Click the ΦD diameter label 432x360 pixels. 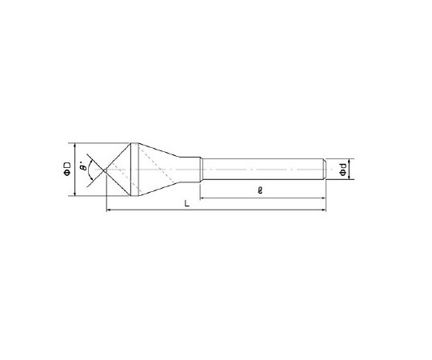pos(67,169)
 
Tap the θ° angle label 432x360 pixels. pos(83,166)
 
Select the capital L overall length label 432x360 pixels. pos(187,204)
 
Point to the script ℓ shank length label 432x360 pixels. pos(260,190)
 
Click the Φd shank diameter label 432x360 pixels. pos(342,170)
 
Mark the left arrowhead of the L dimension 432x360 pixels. pos(109,210)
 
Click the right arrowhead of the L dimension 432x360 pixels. pos(324,210)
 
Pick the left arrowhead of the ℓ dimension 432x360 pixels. pos(202,198)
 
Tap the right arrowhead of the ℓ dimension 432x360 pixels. pos(324,198)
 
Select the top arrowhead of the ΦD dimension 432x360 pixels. pos(74,146)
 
